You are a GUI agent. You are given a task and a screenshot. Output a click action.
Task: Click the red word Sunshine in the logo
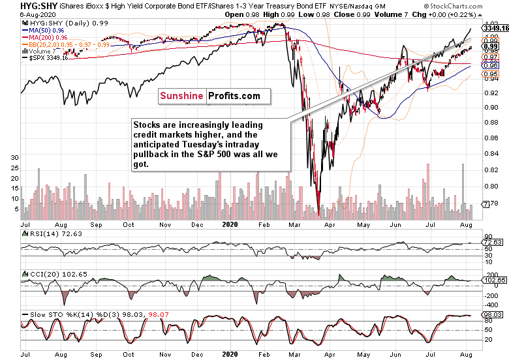tap(182, 96)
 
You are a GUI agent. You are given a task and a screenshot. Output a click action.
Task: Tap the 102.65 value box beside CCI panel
tap(493, 281)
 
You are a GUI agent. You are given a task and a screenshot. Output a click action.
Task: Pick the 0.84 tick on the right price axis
tap(491, 153)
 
